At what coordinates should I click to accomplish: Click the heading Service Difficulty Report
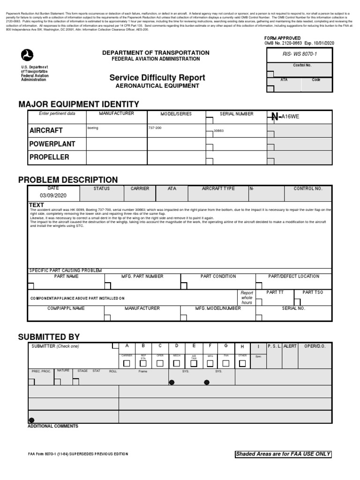coord(157,77)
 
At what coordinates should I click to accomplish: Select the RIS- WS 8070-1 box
coord(299,54)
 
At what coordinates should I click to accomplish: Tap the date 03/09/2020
coord(53,195)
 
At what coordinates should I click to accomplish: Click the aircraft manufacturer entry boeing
coord(93,127)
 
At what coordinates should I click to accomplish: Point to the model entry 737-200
coord(155,127)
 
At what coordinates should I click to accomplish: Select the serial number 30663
coord(218,131)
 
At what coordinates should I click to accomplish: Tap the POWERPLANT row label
coord(52,143)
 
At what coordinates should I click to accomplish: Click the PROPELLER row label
coord(49,157)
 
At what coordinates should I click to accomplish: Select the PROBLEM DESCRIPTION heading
coord(68,180)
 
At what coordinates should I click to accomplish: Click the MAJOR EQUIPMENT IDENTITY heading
coord(78,104)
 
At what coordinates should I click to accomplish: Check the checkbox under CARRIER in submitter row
coord(127,363)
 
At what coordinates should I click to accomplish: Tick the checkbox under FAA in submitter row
coord(226,363)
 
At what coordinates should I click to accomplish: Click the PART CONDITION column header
coord(218,277)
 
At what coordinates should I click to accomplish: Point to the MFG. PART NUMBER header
coord(142,277)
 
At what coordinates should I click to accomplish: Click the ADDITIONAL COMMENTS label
coord(53,426)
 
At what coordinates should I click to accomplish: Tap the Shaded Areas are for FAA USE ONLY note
coord(283,454)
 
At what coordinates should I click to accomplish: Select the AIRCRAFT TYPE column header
coord(218,188)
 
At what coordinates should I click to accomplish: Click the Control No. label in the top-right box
coord(302,66)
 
